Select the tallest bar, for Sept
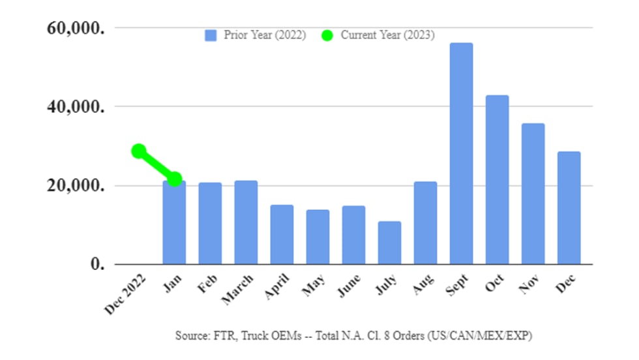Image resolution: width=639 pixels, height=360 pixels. tap(461, 153)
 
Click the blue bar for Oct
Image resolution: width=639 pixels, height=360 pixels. tap(497, 179)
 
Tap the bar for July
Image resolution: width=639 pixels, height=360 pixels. tap(389, 243)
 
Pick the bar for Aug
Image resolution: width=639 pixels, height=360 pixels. tap(425, 222)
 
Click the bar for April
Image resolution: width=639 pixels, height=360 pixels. tap(282, 234)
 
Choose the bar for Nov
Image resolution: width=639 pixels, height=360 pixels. tap(533, 194)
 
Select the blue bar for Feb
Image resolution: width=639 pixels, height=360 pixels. tap(210, 223)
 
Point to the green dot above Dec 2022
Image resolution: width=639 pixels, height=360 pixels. tap(138, 151)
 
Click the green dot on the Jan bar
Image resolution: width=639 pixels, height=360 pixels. tap(175, 179)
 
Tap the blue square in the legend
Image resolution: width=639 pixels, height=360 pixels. tap(211, 35)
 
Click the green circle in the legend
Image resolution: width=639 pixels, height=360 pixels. tap(327, 35)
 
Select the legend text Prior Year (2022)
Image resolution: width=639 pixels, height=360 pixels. tap(265, 35)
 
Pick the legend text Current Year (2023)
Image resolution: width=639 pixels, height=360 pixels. tap(387, 35)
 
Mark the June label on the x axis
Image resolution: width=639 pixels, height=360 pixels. tap(349, 288)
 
